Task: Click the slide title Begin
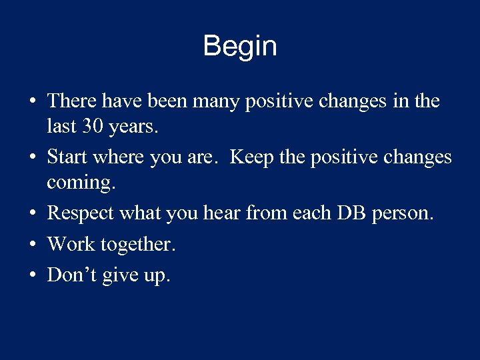pos(240,47)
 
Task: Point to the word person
pos(405,213)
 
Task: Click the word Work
pos(71,244)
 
